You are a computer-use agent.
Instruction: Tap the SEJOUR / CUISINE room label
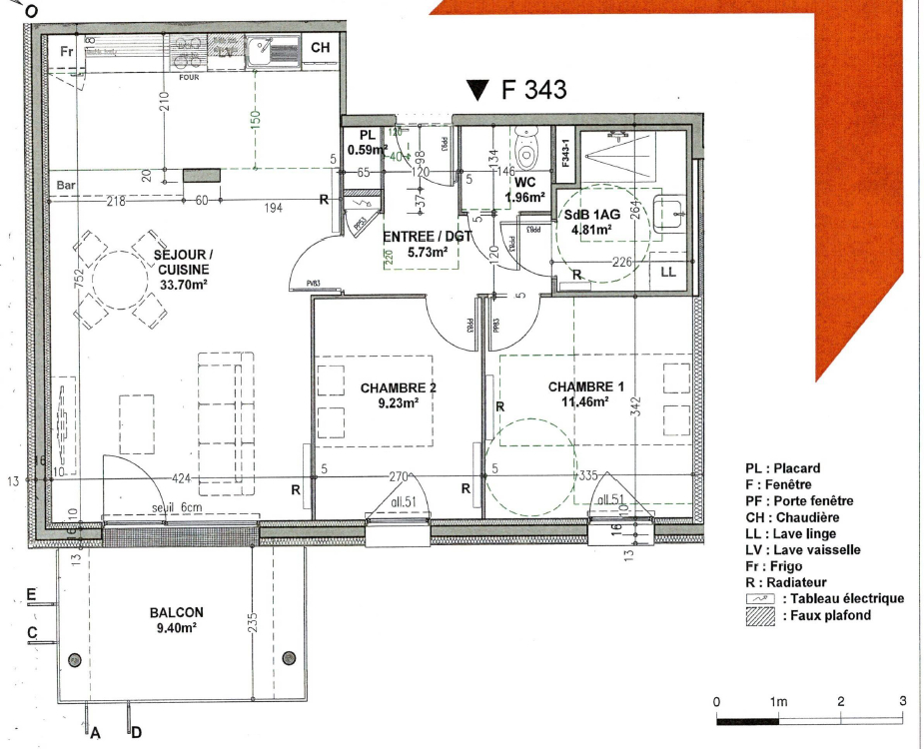click(x=181, y=270)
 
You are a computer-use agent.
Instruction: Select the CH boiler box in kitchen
click(x=320, y=48)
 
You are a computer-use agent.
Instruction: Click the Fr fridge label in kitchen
click(x=67, y=51)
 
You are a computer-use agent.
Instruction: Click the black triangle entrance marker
click(x=478, y=91)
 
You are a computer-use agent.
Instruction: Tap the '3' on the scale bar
click(x=902, y=701)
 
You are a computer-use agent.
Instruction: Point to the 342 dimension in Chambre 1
click(x=635, y=406)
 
